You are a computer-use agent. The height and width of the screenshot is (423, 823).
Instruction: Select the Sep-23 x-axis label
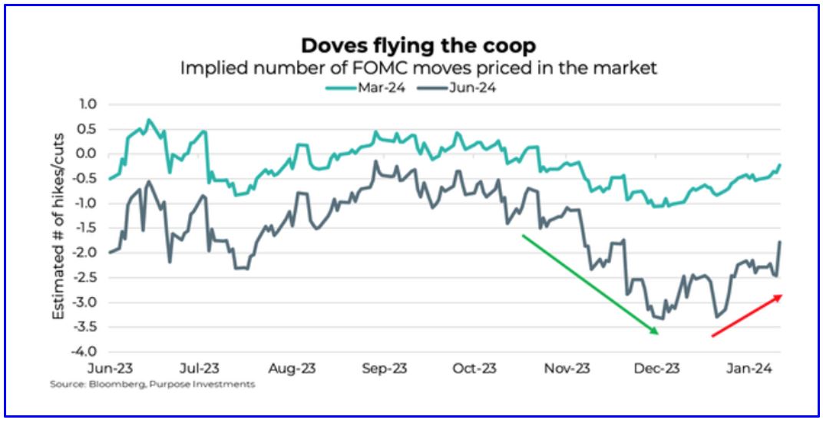(x=384, y=368)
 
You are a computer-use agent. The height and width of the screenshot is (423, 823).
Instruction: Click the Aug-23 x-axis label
(x=293, y=368)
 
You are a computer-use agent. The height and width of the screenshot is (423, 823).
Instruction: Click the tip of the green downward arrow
(x=657, y=333)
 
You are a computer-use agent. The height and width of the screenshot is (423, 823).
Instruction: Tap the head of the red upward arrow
(x=782, y=296)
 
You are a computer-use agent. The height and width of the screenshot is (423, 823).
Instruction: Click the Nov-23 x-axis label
(x=567, y=368)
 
